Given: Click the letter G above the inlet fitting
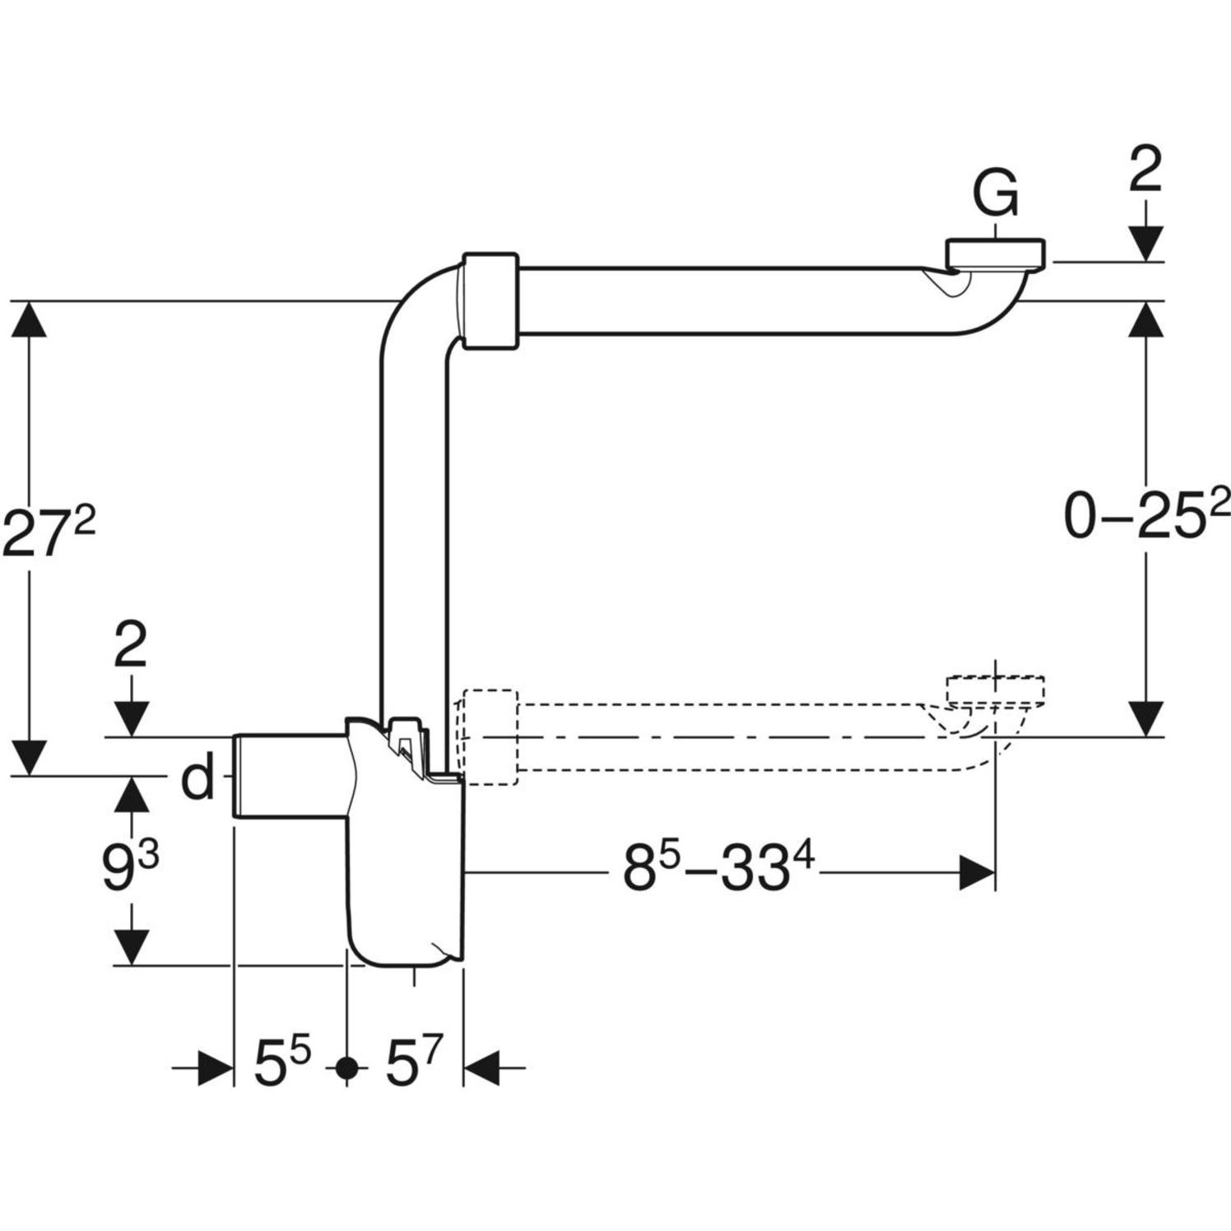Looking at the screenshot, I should (995, 194).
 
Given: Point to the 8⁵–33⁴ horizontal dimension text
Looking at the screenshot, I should (718, 871).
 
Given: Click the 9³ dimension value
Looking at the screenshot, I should (129, 868).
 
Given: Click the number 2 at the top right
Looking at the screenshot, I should (1145, 171).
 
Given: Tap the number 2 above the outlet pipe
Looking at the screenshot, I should (130, 645).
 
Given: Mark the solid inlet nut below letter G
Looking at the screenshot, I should (996, 253).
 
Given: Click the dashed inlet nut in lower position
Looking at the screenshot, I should (996, 690).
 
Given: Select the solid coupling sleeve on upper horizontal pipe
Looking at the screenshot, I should (490, 300).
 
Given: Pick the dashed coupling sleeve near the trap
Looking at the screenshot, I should (490, 736).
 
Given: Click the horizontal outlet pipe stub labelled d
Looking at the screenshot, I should (288, 775).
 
